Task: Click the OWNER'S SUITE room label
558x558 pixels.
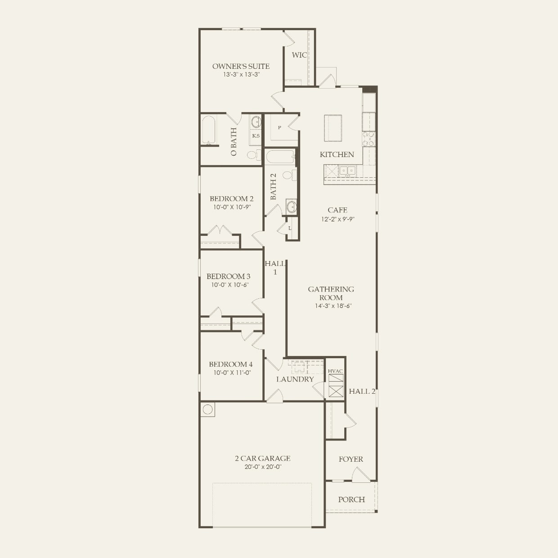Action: pos(241,66)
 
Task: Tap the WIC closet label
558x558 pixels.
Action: pos(299,55)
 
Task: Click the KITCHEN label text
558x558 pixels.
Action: pos(337,154)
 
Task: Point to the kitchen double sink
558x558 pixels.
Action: pos(347,171)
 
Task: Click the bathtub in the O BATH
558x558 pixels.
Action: pos(209,130)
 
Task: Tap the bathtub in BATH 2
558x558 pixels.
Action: pos(279,157)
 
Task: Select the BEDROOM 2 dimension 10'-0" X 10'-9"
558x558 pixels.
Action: pos(232,207)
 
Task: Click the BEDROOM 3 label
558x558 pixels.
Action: pos(228,276)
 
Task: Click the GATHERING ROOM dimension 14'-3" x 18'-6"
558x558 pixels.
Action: pos(333,306)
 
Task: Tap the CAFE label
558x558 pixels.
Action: pos(337,210)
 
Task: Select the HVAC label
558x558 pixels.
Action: pos(335,371)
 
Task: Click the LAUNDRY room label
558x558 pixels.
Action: pos(295,379)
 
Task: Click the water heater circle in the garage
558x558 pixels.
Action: pos(207,409)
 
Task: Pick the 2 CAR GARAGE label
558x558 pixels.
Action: pos(262,459)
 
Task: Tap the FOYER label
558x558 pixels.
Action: pos(351,459)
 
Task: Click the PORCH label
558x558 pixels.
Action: pos(351,499)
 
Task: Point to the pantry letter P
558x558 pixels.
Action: pos(279,128)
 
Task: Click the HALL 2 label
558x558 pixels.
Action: pos(362,391)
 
